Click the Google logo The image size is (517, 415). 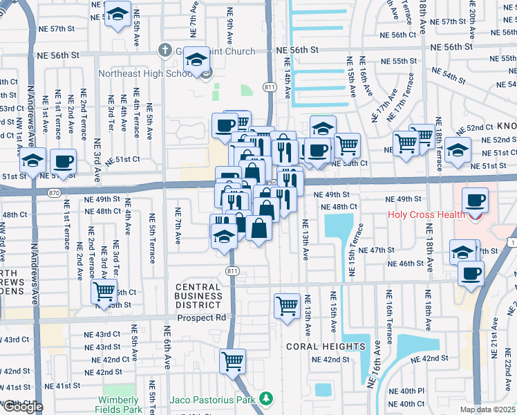coord(22,407)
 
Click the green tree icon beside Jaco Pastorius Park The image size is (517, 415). coord(264,399)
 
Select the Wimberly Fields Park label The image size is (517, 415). coord(118,405)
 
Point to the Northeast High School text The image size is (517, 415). coord(145,74)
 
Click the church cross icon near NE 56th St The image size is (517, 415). coord(164,50)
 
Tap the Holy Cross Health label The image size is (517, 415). coord(425,214)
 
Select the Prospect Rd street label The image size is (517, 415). coord(202,319)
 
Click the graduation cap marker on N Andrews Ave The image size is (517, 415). coord(32,160)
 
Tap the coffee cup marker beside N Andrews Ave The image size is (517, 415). coord(64,160)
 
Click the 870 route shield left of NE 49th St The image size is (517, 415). coord(55,196)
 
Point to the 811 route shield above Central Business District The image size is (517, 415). coord(232,271)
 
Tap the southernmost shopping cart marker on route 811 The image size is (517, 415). coord(233,360)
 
